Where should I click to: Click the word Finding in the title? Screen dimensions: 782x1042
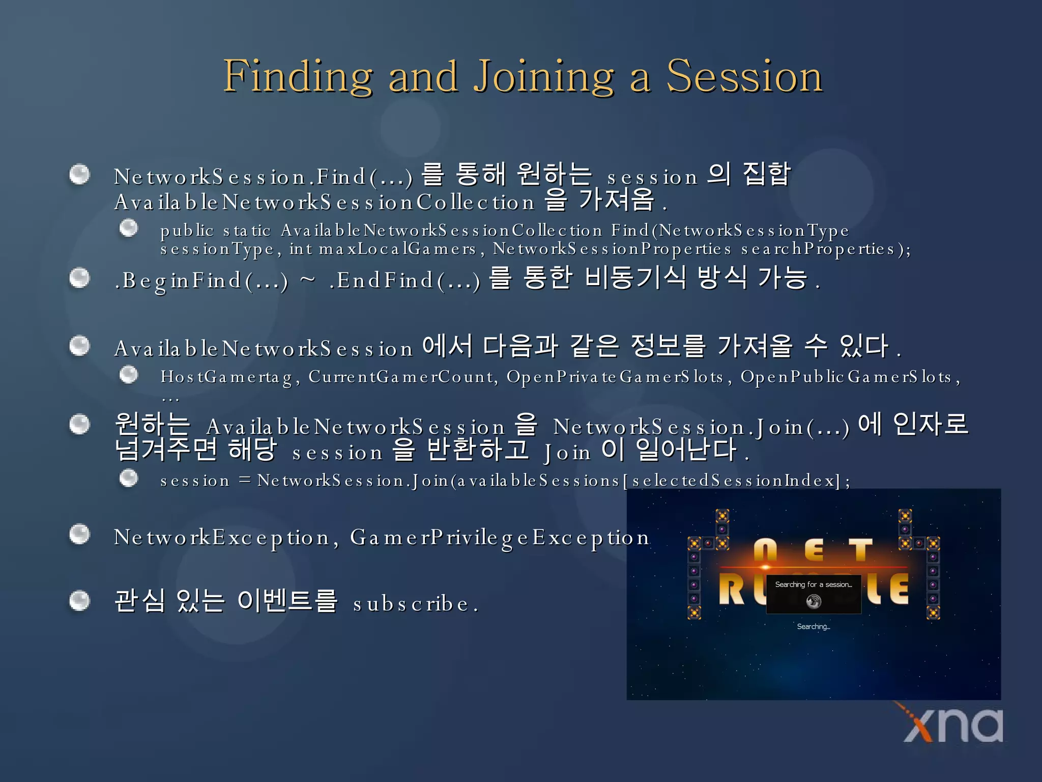tap(298, 76)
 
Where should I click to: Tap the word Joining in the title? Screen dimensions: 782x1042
tap(544, 76)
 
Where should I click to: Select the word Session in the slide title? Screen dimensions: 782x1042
tap(744, 76)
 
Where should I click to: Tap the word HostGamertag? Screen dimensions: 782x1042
tap(227, 377)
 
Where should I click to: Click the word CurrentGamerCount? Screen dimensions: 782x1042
tap(401, 377)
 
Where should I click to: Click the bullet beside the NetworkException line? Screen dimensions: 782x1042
tap(79, 534)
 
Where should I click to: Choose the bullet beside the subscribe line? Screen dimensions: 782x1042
tap(79, 601)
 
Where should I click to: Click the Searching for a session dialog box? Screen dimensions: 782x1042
tap(814, 594)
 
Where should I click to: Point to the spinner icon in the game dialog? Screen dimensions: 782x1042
tap(814, 602)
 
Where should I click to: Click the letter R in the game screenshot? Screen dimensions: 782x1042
tap(732, 590)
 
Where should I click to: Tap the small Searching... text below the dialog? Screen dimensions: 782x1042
tap(813, 627)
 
